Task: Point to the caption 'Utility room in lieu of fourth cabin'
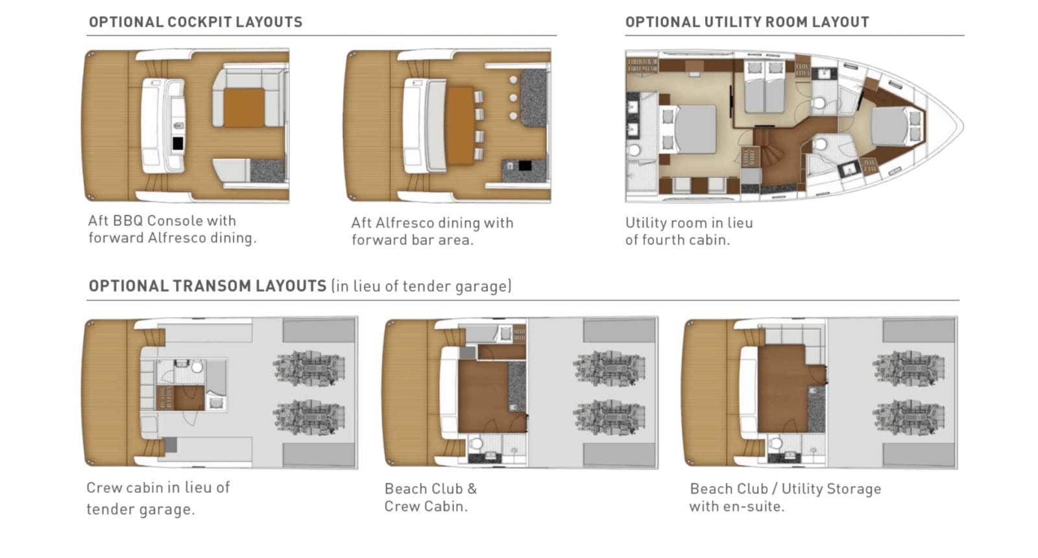tap(689, 231)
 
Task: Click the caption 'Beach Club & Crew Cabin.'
tap(431, 497)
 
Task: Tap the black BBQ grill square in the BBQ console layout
tap(178, 143)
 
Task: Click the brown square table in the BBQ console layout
tap(244, 108)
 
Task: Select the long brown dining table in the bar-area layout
tap(460, 125)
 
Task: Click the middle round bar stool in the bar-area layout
tap(513, 98)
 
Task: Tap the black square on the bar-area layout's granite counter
tap(525, 165)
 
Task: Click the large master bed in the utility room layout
tap(695, 129)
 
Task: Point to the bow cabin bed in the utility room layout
tap(889, 126)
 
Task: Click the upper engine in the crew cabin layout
tap(309, 368)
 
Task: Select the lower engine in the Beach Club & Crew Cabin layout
tap(609, 418)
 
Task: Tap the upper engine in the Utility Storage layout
tap(909, 368)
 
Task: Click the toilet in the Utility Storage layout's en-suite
tap(775, 443)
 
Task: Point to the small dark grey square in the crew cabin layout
tap(170, 445)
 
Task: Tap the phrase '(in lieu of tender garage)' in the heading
tap(421, 286)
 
